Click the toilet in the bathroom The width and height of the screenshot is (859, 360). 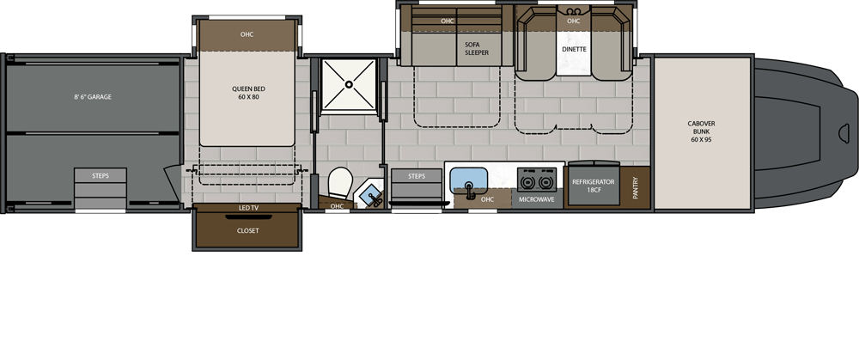[x=340, y=183]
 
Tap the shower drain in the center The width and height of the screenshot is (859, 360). [x=349, y=84]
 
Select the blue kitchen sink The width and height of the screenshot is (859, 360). [x=468, y=180]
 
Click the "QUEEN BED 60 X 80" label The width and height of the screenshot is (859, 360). [x=248, y=93]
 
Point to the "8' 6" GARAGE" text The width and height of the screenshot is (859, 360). [x=93, y=97]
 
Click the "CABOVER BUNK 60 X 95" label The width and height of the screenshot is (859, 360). [x=701, y=131]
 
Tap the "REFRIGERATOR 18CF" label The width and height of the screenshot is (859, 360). [x=594, y=186]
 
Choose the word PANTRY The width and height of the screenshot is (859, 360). [x=636, y=186]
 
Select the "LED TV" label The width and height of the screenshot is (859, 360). [x=248, y=208]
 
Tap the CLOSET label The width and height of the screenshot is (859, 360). [x=247, y=230]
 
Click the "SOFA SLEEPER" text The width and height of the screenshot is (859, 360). [x=476, y=49]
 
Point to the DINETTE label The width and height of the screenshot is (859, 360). [x=574, y=49]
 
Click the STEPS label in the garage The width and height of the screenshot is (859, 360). [x=101, y=176]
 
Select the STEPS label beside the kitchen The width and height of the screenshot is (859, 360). [x=417, y=176]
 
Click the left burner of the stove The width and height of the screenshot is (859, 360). [x=528, y=180]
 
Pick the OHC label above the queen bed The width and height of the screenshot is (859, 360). [x=247, y=34]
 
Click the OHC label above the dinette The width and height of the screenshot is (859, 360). [x=573, y=21]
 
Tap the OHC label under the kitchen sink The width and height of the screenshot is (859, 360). [x=487, y=199]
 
